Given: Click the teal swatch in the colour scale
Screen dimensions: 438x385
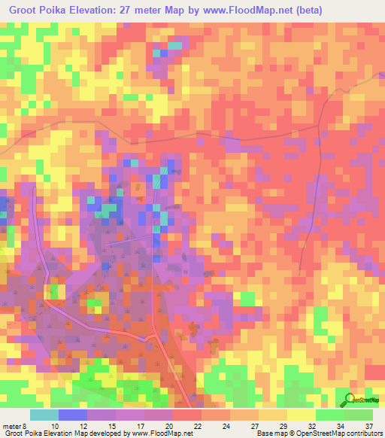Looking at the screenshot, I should pos(44,415).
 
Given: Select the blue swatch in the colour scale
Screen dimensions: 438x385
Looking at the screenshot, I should pos(72,415).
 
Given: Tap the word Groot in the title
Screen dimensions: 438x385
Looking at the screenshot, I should pos(23,9).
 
